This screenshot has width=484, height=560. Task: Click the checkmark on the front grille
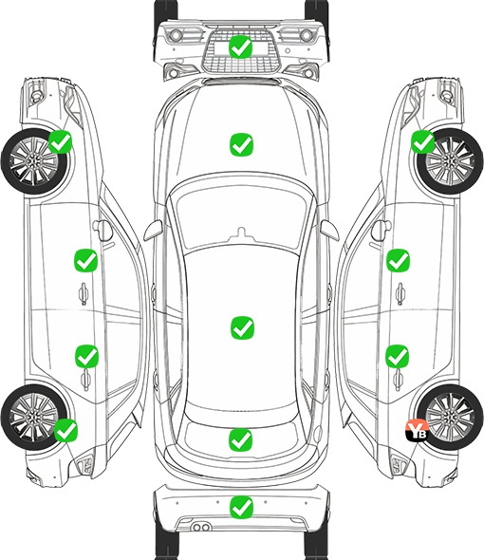tap(241, 47)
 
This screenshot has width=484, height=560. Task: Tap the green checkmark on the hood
tap(241, 144)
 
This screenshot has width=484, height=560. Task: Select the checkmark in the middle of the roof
tap(242, 327)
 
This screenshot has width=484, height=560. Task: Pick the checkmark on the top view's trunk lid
tap(240, 440)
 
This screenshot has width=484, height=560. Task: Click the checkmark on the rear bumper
tap(241, 508)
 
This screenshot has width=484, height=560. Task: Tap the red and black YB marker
tap(417, 430)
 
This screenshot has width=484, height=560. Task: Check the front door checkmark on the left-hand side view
tap(85, 260)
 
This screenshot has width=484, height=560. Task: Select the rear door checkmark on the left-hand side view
tap(86, 356)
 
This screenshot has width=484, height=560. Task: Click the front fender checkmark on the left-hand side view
tap(61, 141)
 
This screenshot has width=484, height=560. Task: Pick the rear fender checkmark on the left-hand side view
tap(65, 430)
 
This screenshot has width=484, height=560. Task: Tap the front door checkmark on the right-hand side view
tap(398, 260)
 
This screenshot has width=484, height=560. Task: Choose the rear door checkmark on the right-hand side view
tap(398, 356)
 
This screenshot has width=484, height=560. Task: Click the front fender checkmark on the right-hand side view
tap(423, 141)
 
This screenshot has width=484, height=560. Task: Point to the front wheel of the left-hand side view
tap(34, 161)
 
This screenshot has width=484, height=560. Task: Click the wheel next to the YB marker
tap(450, 417)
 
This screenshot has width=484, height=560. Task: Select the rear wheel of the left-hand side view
tap(34, 417)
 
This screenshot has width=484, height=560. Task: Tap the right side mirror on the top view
tap(329, 230)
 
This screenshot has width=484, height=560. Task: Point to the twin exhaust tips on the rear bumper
tap(201, 527)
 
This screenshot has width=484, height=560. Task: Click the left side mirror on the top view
tap(154, 230)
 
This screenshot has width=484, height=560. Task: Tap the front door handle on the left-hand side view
tap(84, 293)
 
